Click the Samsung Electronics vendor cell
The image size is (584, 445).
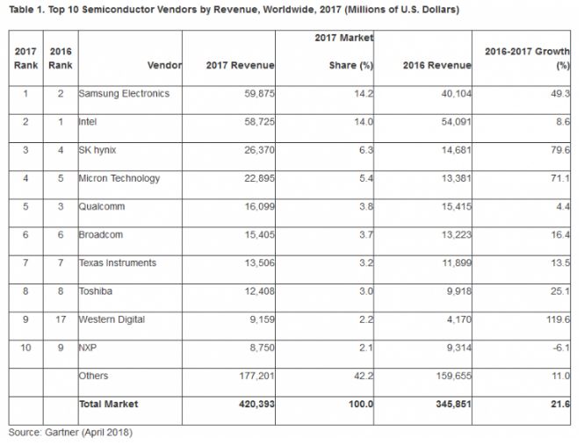coord(124,94)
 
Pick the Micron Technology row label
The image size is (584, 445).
coord(120,178)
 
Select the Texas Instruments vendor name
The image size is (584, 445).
coord(119,262)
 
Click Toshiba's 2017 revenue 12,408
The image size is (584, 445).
coord(255,291)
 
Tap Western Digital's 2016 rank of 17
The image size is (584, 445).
coord(60,319)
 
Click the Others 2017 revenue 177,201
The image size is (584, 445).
coord(252,376)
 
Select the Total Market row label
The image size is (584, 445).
coord(108,404)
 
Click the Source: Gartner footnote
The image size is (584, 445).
coord(70,432)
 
